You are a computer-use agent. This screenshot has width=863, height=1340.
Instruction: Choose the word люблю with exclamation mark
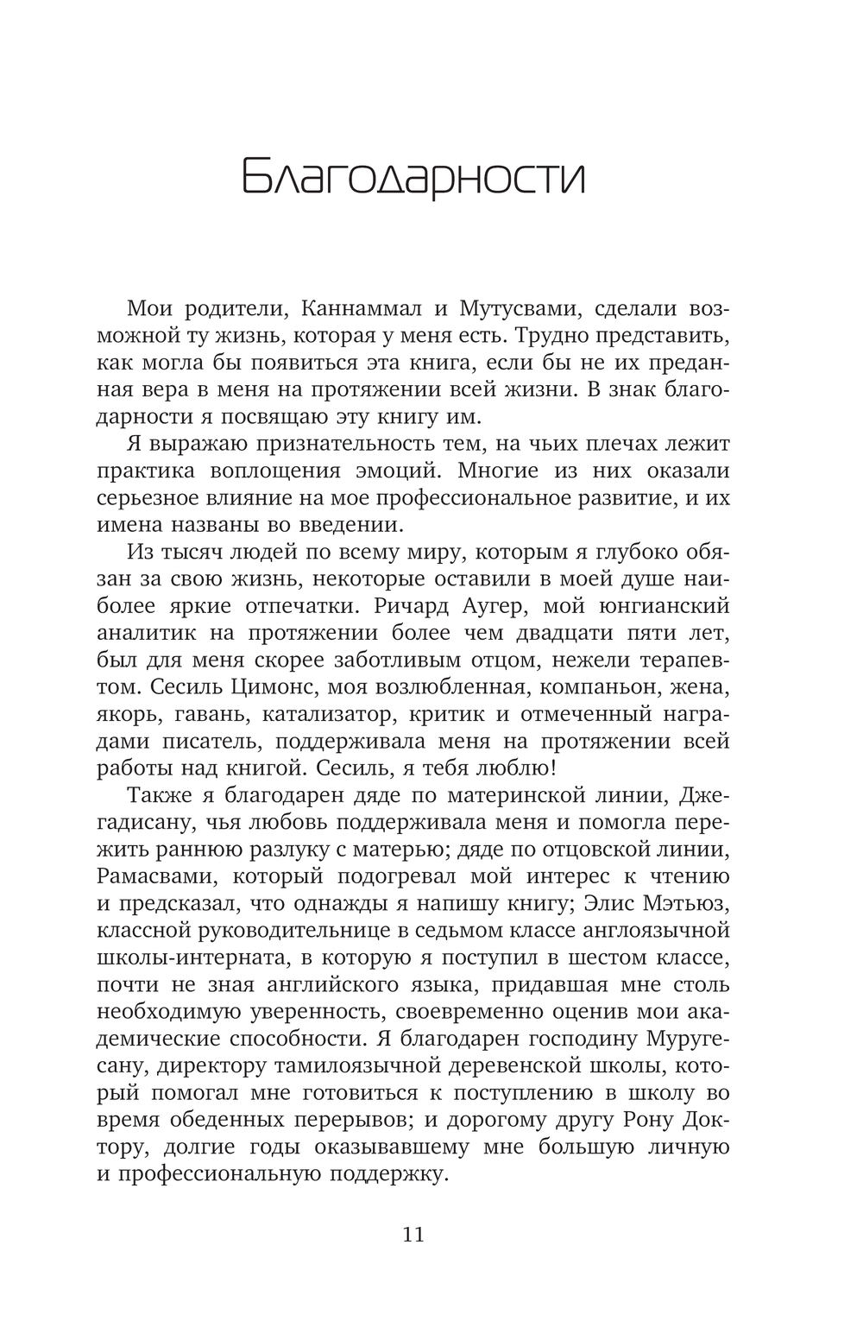pos(509,768)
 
